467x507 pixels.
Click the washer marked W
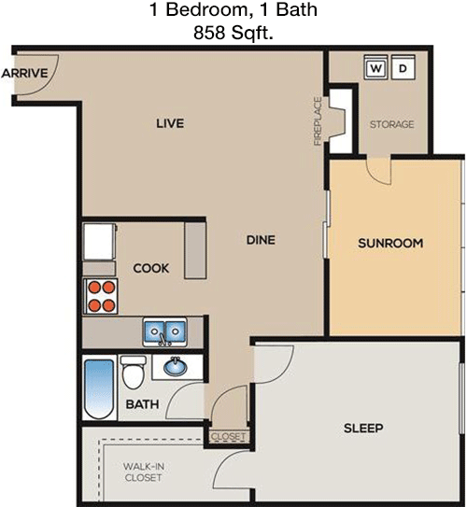(x=375, y=67)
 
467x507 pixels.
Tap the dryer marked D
(x=403, y=67)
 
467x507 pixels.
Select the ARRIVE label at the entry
(x=24, y=73)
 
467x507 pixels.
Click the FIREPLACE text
(x=318, y=121)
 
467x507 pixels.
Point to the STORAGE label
(x=391, y=124)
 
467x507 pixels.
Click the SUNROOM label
(x=390, y=243)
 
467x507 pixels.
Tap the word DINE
(x=261, y=240)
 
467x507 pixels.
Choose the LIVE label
(x=170, y=123)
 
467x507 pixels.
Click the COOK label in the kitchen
(x=151, y=268)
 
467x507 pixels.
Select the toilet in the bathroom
(x=133, y=372)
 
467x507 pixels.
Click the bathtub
(x=99, y=389)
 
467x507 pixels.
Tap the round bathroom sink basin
(x=175, y=367)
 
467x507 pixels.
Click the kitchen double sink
(x=164, y=331)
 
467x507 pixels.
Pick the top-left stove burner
(x=94, y=288)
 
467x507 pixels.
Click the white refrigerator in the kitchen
(x=100, y=242)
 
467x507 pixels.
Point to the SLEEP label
(x=363, y=429)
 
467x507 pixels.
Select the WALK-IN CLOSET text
(x=143, y=472)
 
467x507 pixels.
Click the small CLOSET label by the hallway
(x=228, y=437)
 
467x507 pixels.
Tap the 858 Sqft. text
(x=233, y=33)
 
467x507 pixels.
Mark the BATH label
(x=142, y=404)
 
